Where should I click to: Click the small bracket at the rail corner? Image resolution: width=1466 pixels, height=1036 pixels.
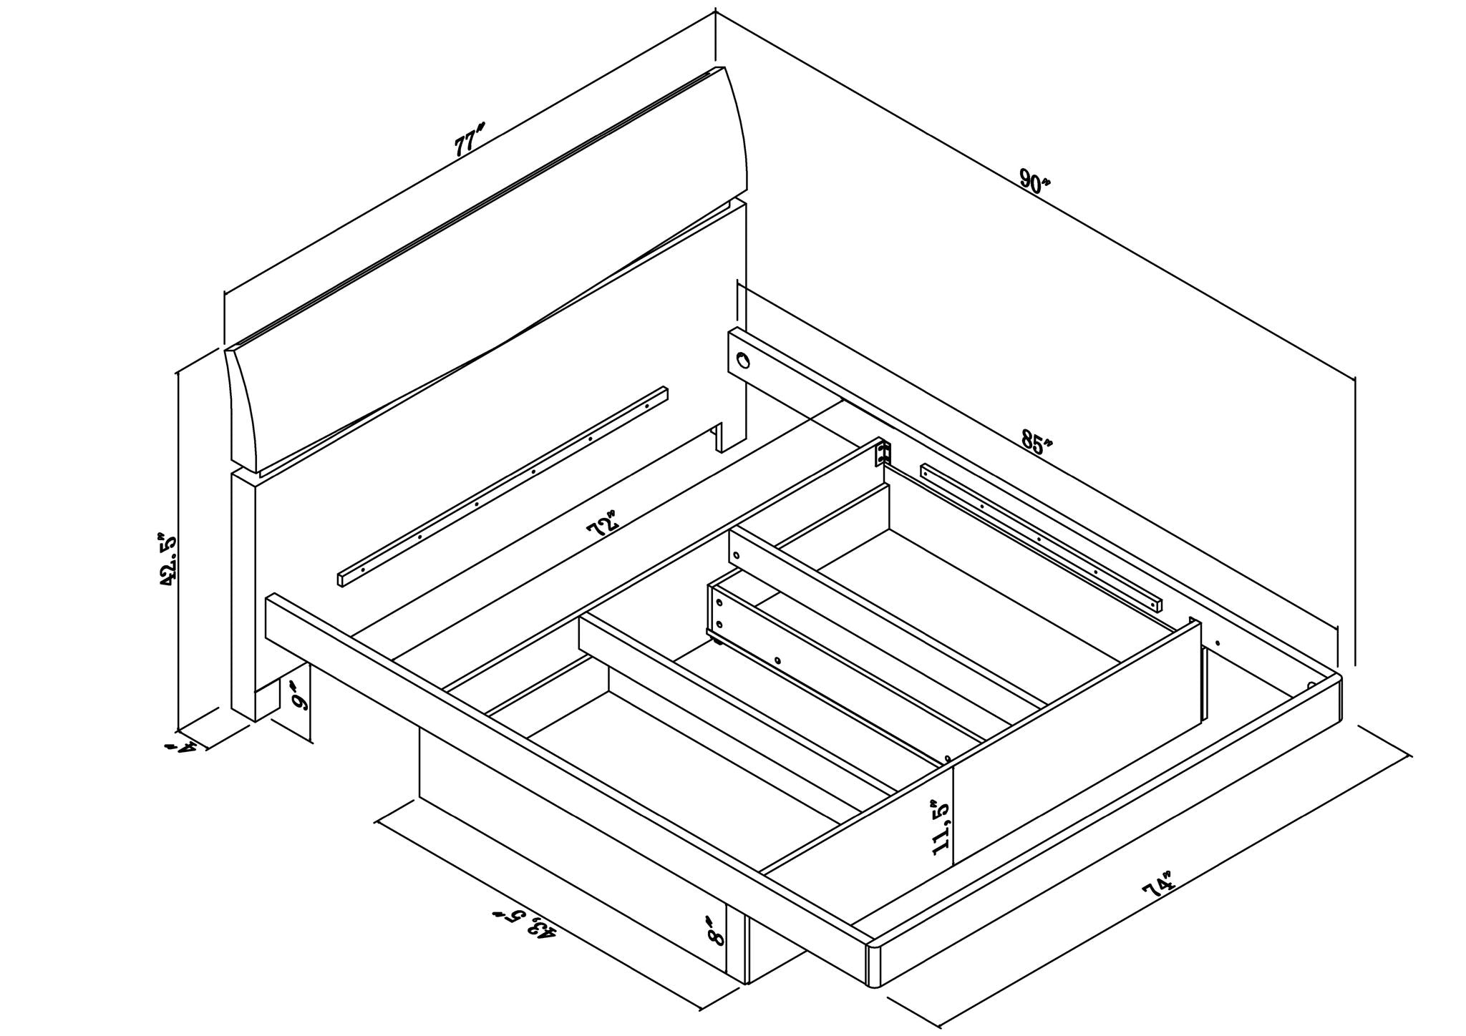pos(883,454)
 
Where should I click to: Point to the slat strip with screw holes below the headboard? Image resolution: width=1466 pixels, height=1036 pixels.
pos(503,487)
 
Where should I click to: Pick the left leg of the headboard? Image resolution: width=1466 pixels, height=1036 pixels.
pos(244,594)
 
